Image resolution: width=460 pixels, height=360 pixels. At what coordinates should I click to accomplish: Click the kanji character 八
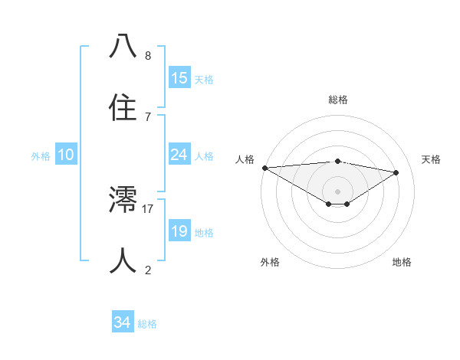123,47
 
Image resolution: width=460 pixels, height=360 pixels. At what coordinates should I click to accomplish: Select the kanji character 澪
123,200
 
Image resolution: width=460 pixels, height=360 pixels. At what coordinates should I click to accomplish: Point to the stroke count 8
148,56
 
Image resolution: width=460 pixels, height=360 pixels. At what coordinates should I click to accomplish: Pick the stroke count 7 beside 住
148,117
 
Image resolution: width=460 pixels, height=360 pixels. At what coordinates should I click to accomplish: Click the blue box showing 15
179,78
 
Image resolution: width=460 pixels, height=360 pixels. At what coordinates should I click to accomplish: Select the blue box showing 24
179,155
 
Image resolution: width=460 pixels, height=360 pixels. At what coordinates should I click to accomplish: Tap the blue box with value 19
179,231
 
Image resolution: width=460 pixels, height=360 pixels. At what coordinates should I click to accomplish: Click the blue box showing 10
66,155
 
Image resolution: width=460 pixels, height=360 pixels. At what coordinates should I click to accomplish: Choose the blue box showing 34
123,322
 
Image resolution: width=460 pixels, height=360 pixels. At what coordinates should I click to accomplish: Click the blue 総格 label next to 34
147,324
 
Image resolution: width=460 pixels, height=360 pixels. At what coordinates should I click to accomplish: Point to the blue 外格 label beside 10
41,156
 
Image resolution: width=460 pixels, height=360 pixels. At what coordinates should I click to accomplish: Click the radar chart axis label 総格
337,100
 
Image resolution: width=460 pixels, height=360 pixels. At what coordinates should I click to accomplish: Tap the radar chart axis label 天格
432,159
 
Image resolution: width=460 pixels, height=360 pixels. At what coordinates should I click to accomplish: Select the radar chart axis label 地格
402,262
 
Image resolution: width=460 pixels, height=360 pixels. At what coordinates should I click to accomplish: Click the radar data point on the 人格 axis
264,168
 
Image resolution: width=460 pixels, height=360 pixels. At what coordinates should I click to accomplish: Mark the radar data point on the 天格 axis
396,172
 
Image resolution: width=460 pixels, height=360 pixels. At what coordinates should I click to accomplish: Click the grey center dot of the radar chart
337,191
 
